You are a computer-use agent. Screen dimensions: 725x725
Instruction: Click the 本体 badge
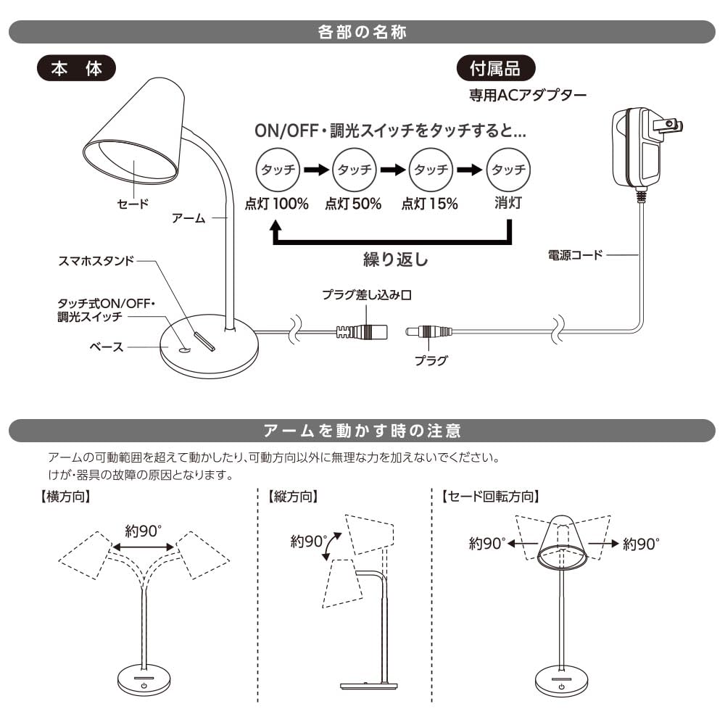pos(75,69)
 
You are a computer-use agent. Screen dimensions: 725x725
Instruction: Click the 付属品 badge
pos(495,69)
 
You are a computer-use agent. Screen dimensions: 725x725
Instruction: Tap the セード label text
pos(133,204)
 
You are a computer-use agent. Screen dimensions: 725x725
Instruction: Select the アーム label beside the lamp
pos(189,217)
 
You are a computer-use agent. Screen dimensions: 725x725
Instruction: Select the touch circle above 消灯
pos(507,170)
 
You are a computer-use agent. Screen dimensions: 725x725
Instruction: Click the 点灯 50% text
pos(352,204)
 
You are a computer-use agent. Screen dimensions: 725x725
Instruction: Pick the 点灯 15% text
pos(430,204)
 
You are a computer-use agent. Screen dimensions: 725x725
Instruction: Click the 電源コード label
pos(576,255)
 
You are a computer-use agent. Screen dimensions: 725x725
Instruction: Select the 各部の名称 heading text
pos(362,33)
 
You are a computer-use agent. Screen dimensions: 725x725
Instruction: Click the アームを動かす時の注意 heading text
pos(362,431)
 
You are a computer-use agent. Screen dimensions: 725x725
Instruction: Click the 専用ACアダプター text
pos(527,95)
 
